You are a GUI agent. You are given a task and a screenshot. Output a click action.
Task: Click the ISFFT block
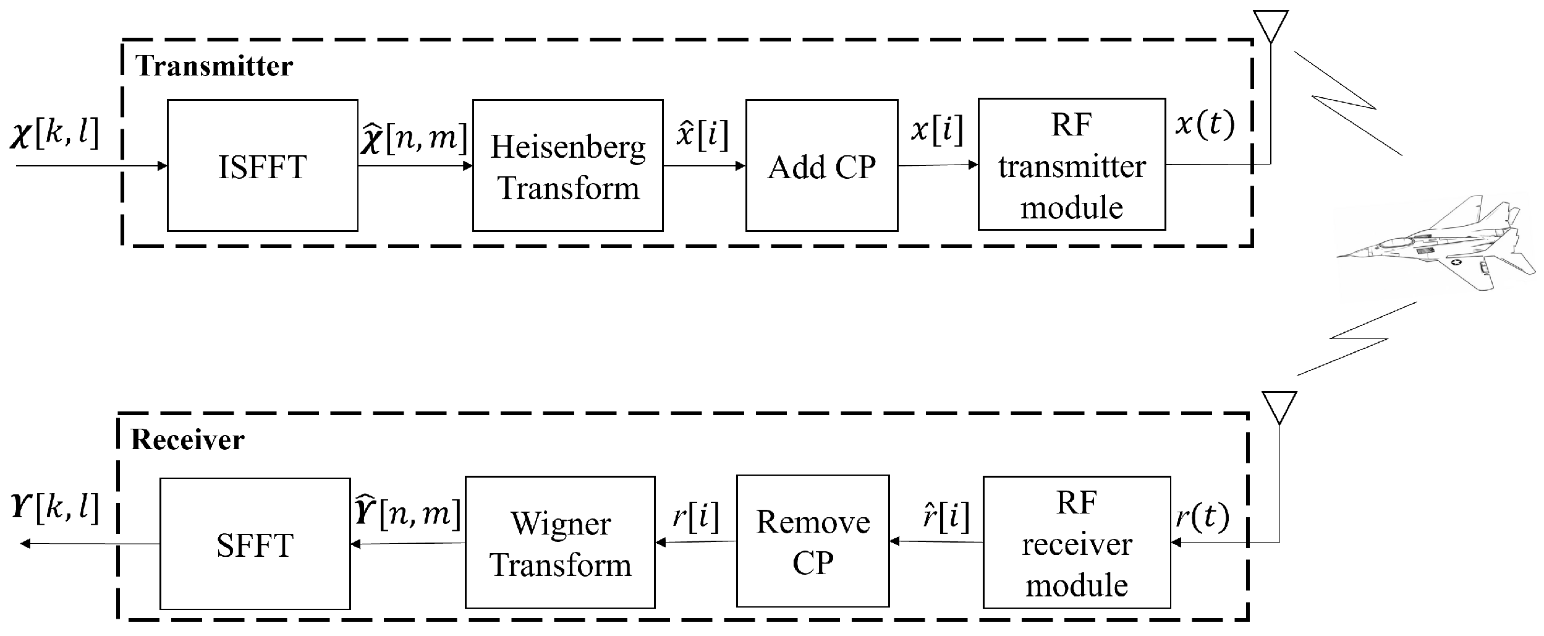click(x=262, y=166)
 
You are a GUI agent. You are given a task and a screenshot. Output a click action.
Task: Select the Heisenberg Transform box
click(x=567, y=166)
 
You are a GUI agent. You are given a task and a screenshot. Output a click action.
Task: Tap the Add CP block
click(x=821, y=166)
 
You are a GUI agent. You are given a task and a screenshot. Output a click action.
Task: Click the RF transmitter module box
click(x=1071, y=165)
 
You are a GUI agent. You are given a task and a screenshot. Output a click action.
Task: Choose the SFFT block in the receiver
click(x=255, y=544)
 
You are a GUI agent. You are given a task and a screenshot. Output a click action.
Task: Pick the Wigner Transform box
click(x=559, y=543)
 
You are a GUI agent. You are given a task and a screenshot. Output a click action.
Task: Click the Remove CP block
click(x=812, y=541)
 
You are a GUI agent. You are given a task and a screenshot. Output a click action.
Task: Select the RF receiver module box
click(x=1076, y=543)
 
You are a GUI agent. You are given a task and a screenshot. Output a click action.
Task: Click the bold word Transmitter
click(x=214, y=66)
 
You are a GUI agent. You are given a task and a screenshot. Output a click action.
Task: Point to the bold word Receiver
click(x=187, y=440)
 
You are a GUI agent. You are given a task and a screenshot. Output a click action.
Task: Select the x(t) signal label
click(x=1204, y=126)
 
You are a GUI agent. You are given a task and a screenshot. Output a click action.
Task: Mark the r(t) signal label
click(x=1202, y=517)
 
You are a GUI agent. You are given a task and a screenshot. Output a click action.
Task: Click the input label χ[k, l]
click(x=54, y=134)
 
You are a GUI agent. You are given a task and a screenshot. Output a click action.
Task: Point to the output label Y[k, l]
click(x=54, y=509)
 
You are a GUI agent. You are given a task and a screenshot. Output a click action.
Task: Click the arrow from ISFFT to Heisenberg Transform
click(x=415, y=166)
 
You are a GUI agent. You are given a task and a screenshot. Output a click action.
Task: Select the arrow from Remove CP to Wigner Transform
click(x=695, y=542)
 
